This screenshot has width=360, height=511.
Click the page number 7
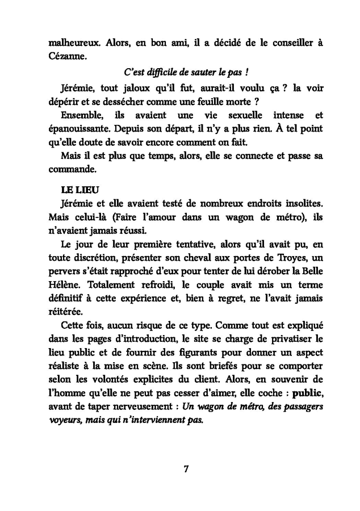click(186, 468)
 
